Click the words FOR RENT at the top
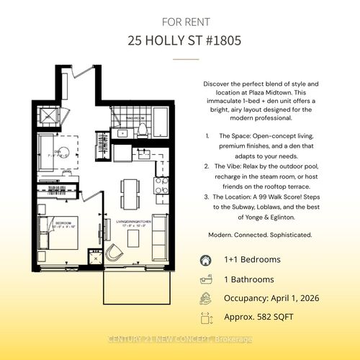coord(179,19)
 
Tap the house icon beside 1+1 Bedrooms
coord(205,260)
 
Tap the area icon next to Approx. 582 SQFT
coord(205,316)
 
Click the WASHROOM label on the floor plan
coord(137,116)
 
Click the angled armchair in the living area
coord(114,251)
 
